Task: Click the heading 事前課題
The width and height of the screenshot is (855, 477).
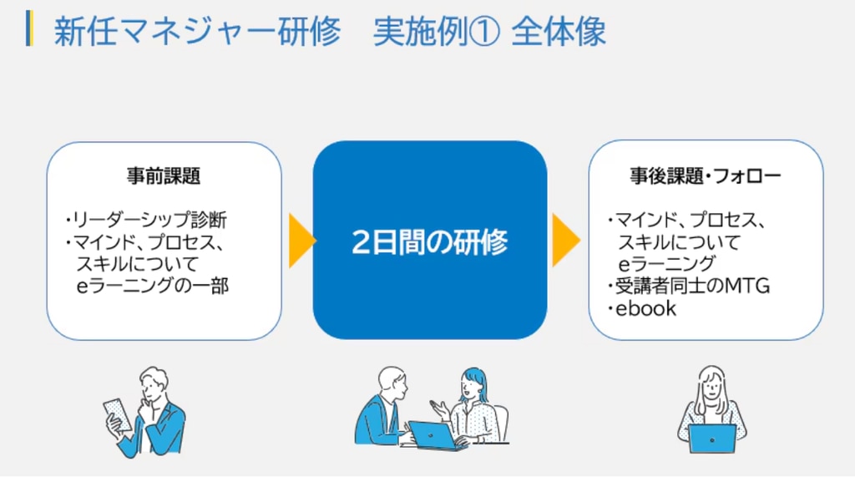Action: pyautogui.click(x=164, y=175)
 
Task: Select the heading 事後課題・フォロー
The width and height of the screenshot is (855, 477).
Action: pyautogui.click(x=705, y=175)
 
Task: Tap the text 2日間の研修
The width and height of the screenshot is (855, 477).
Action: pyautogui.click(x=430, y=241)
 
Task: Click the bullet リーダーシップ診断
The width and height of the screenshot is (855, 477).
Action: pyautogui.click(x=146, y=220)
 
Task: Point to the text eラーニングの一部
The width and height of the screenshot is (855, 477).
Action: pyautogui.click(x=152, y=286)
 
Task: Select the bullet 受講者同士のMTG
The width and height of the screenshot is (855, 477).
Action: pyautogui.click(x=688, y=286)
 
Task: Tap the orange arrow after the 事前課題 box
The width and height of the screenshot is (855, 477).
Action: pyautogui.click(x=302, y=241)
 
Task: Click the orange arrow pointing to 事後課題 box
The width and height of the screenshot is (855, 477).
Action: pyautogui.click(x=566, y=240)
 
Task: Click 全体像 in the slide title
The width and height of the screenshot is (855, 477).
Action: pyautogui.click(x=559, y=32)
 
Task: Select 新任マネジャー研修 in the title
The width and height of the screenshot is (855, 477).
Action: pyautogui.click(x=197, y=32)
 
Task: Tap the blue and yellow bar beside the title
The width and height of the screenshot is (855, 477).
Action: pyautogui.click(x=29, y=28)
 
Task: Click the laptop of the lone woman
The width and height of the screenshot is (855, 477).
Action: pyautogui.click(x=712, y=439)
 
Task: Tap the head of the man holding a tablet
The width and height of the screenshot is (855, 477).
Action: pyautogui.click(x=154, y=385)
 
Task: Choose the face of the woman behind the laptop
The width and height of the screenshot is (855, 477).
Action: pyautogui.click(x=711, y=388)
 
